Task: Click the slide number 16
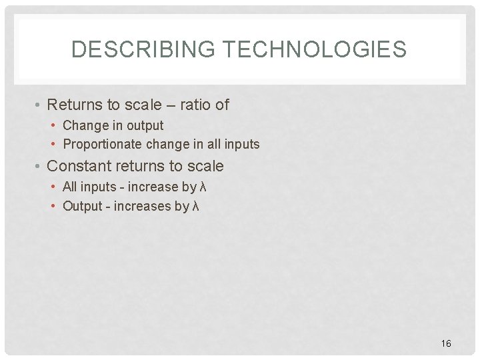coord(446,343)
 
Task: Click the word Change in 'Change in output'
coord(84,125)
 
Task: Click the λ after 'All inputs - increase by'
coord(203,187)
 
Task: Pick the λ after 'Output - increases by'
coord(195,206)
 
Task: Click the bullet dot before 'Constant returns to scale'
coord(40,167)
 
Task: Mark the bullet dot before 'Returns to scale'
coord(40,105)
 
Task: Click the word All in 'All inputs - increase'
coord(70,187)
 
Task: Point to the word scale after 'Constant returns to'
coord(204,166)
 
